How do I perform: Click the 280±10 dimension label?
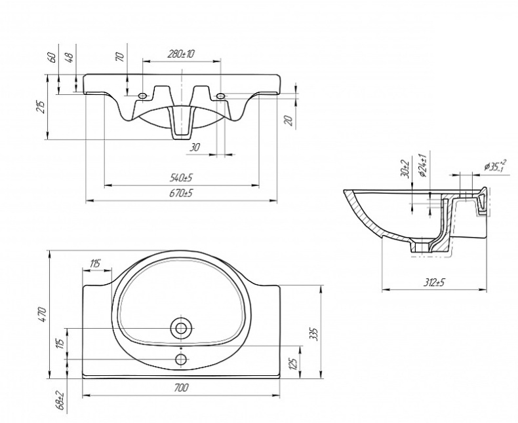tap(181, 54)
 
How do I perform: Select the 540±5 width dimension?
tap(181, 177)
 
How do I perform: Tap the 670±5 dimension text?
tap(181, 193)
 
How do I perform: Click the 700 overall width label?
tap(182, 388)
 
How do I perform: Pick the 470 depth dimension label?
tap(41, 314)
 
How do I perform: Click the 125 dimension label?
tap(294, 361)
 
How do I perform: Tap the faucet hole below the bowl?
tap(180, 359)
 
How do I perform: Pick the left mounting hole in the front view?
tap(143, 96)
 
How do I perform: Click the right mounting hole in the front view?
tap(220, 96)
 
